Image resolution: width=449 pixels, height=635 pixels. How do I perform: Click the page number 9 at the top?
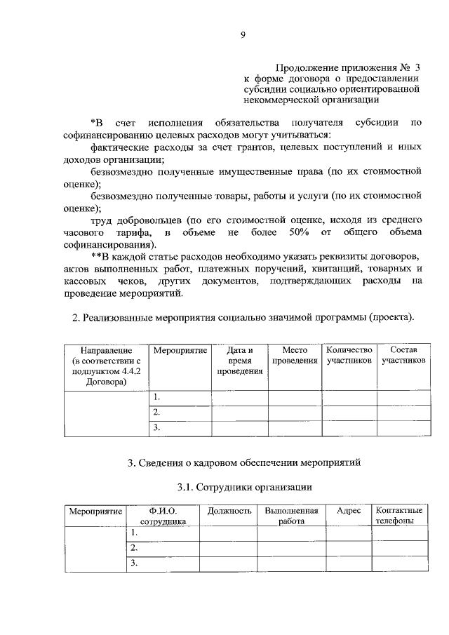[x=243, y=32]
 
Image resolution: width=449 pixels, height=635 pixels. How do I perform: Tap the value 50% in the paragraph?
[x=298, y=232]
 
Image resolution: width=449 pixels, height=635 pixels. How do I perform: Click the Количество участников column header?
[x=349, y=354]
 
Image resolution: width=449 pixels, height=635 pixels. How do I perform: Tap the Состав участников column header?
[x=403, y=354]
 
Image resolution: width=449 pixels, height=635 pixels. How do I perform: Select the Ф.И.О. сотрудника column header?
[x=163, y=516]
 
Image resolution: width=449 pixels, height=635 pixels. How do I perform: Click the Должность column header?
[x=229, y=511]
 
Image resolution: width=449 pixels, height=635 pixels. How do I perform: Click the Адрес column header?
[x=349, y=511]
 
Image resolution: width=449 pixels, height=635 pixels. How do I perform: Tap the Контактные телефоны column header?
[x=399, y=516]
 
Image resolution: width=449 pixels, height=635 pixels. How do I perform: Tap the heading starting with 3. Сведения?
[x=243, y=462]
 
